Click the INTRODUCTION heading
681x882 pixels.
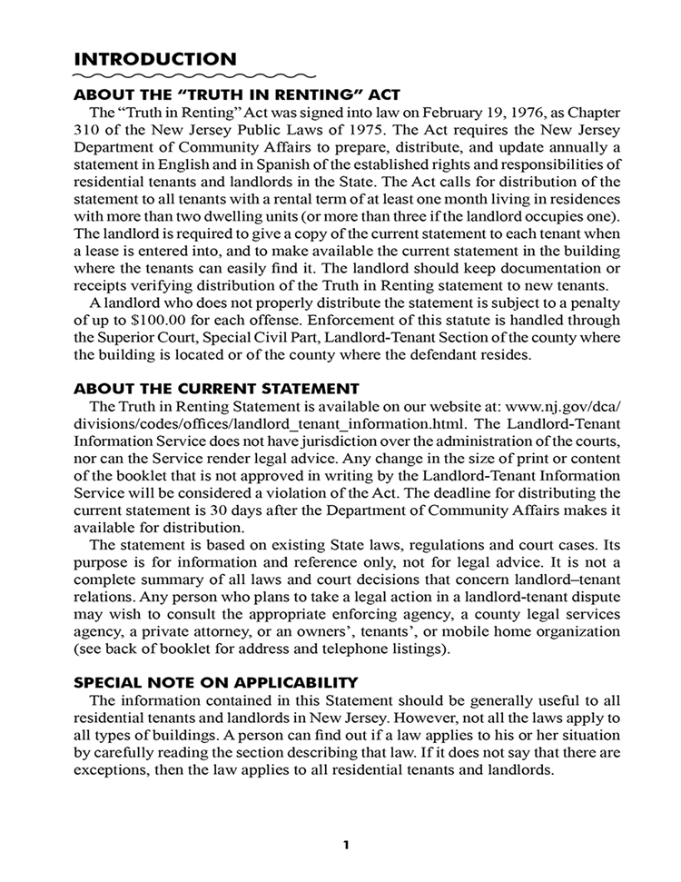click(154, 59)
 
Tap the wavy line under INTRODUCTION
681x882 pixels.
click(194, 76)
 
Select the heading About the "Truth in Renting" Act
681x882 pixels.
click(236, 94)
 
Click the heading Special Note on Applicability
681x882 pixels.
click(216, 682)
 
